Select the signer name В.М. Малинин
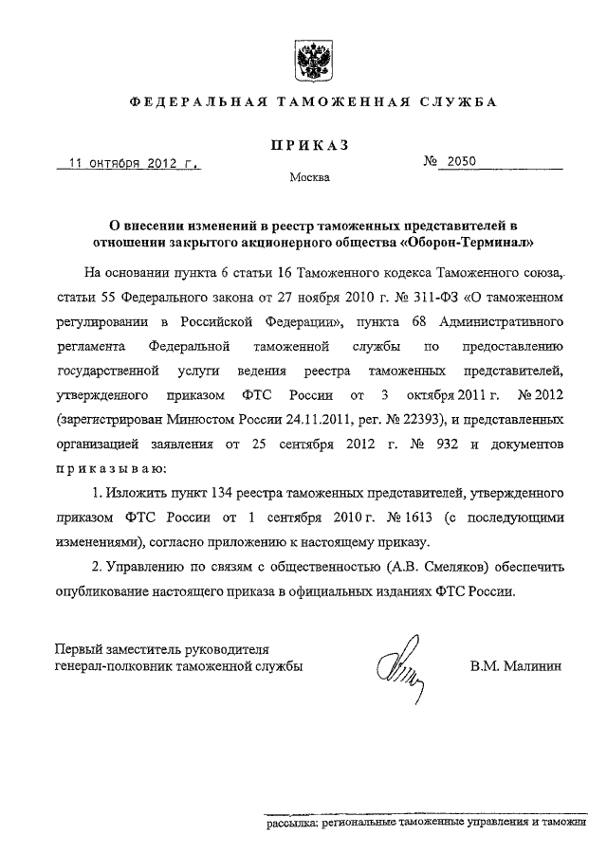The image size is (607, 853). tap(516, 666)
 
